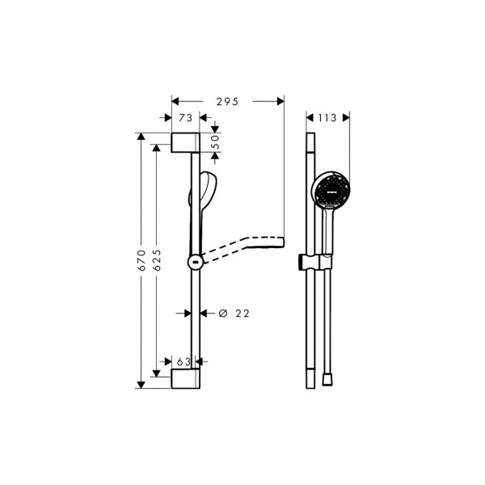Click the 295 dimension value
point(228,102)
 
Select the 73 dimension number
point(186,118)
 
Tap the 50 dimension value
point(216,141)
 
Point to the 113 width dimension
point(327,118)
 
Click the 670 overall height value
point(141,260)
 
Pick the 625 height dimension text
point(157,260)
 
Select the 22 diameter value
point(242,314)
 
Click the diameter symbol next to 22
point(223,314)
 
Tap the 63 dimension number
point(183,361)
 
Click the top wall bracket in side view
point(186,142)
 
